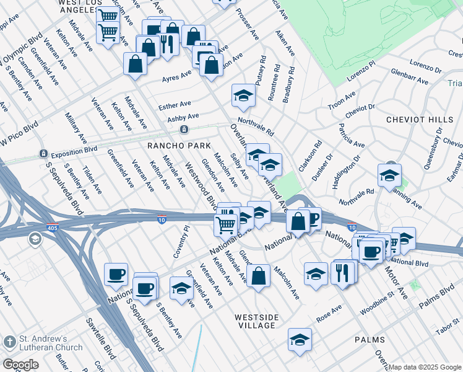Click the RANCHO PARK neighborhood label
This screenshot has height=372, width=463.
(x=170, y=144)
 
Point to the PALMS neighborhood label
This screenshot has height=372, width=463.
(x=370, y=340)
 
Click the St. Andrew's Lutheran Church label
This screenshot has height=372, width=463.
(x=43, y=343)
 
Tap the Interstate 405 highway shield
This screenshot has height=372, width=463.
(x=53, y=228)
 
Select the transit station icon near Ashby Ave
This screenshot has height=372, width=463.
(x=184, y=130)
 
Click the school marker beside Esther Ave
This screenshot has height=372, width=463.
(x=243, y=95)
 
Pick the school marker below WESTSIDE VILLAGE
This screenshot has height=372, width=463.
(x=300, y=339)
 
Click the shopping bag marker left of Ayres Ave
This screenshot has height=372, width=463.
(x=135, y=63)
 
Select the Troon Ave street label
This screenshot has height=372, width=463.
(x=342, y=100)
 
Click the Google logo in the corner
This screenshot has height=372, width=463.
(x=20, y=364)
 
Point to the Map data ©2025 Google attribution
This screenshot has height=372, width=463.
(x=425, y=367)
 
